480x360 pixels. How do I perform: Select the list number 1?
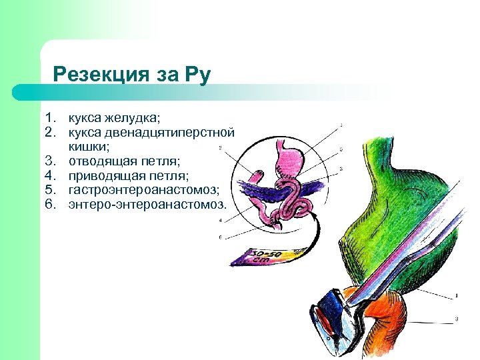click(50, 118)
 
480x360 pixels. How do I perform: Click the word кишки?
click(91, 147)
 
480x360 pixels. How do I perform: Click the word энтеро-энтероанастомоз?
click(147, 205)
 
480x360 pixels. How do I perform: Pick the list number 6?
click(50, 205)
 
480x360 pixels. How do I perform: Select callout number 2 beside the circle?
click(220, 147)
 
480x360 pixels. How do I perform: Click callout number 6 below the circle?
click(220, 238)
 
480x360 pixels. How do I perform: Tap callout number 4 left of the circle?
click(220, 219)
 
